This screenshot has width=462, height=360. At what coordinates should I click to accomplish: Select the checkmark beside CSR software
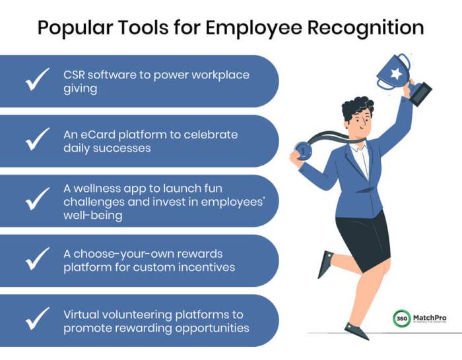(x=38, y=80)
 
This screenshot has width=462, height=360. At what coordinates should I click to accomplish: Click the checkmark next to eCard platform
(x=38, y=140)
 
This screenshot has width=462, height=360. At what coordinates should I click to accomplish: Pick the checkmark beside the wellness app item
(x=38, y=200)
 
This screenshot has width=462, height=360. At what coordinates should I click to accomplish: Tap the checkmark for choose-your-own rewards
(x=38, y=260)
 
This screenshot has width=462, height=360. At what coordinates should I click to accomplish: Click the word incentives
(x=211, y=267)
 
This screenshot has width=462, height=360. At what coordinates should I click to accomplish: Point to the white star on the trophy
(x=395, y=74)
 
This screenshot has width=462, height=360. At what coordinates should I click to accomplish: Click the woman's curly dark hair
(x=356, y=107)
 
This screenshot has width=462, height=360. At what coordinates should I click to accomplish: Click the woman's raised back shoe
(x=325, y=263)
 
